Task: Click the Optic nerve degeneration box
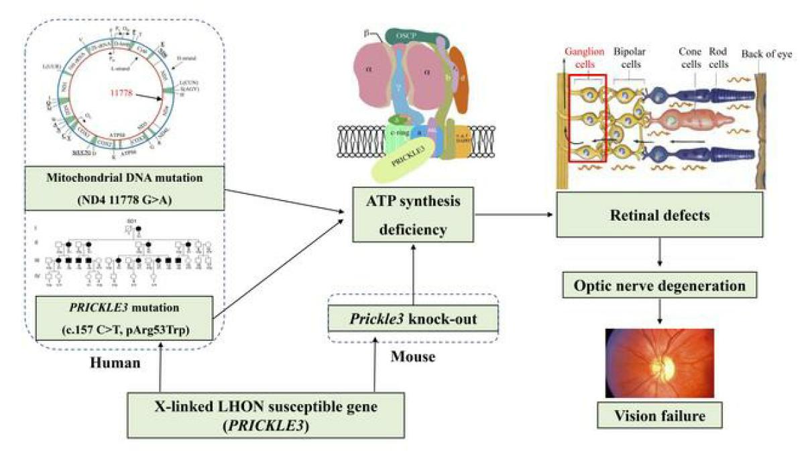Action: coord(660,286)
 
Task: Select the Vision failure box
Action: coord(660,416)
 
